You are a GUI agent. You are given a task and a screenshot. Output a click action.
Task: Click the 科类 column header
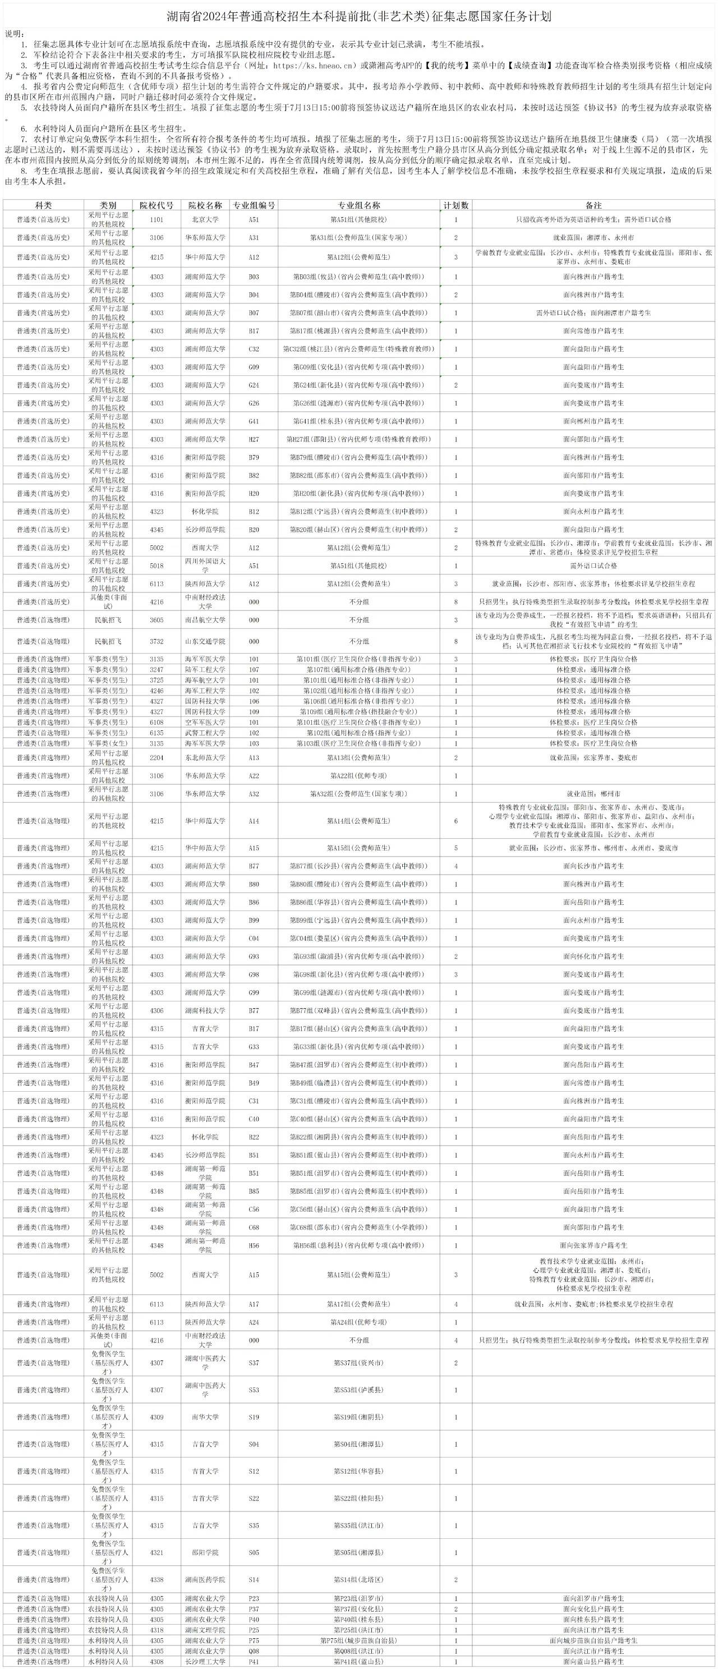[43, 205]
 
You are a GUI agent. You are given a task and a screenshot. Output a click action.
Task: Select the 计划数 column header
[455, 205]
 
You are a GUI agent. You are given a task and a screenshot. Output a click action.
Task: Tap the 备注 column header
[593, 205]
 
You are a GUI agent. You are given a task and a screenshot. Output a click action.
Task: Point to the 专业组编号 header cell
[254, 205]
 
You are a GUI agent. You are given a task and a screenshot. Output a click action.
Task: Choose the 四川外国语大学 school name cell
[205, 565]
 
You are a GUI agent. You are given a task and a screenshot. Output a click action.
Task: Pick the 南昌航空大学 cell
[205, 620]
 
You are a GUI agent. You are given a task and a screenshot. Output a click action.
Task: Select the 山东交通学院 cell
[205, 641]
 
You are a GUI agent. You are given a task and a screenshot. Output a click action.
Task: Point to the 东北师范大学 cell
[205, 757]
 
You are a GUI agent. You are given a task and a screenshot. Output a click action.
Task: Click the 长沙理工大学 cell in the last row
[205, 1662]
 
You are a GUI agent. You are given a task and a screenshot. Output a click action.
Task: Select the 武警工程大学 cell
[205, 733]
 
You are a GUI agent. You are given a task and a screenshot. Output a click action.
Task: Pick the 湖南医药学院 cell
[205, 1580]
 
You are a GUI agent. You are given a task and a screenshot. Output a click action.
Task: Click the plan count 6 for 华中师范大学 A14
[455, 821]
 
